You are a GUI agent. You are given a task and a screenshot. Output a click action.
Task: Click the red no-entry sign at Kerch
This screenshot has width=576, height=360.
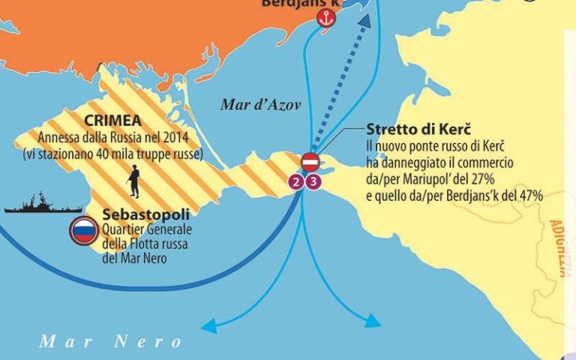[310, 162]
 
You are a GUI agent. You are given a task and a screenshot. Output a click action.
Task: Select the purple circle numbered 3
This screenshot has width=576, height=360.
[313, 181]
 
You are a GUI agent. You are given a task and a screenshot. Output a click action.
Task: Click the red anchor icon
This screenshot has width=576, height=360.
[325, 19]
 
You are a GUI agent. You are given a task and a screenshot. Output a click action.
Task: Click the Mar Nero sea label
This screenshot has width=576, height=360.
[110, 342]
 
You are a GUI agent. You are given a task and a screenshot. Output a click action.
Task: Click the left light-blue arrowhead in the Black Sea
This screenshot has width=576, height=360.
[209, 325]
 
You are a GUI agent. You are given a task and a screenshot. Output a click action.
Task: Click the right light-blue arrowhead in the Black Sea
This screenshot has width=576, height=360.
[373, 322]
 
